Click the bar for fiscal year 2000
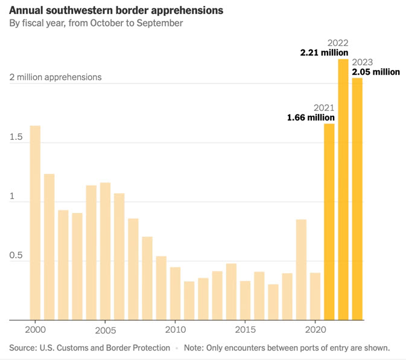coord(35,223)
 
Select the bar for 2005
coord(105,251)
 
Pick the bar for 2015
coord(245,300)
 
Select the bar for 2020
coord(315,296)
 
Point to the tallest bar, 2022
coord(343,189)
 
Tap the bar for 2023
coord(357,199)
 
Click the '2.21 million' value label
coord(325,53)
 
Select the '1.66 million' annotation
coord(311,118)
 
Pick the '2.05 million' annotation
coord(376,72)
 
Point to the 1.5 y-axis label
coord(16,137)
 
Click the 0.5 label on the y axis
coord(16,255)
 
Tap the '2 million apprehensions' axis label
coord(55,77)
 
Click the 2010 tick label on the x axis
coord(175,330)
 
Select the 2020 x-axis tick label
coord(315,330)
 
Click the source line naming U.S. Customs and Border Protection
coord(89,348)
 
